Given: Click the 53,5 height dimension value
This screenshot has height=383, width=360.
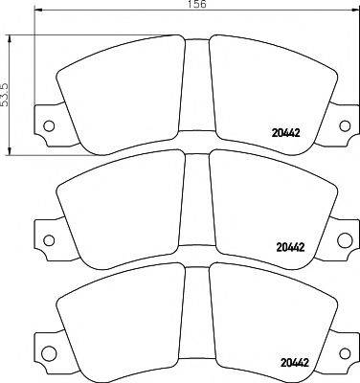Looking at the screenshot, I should (x=6, y=92).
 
